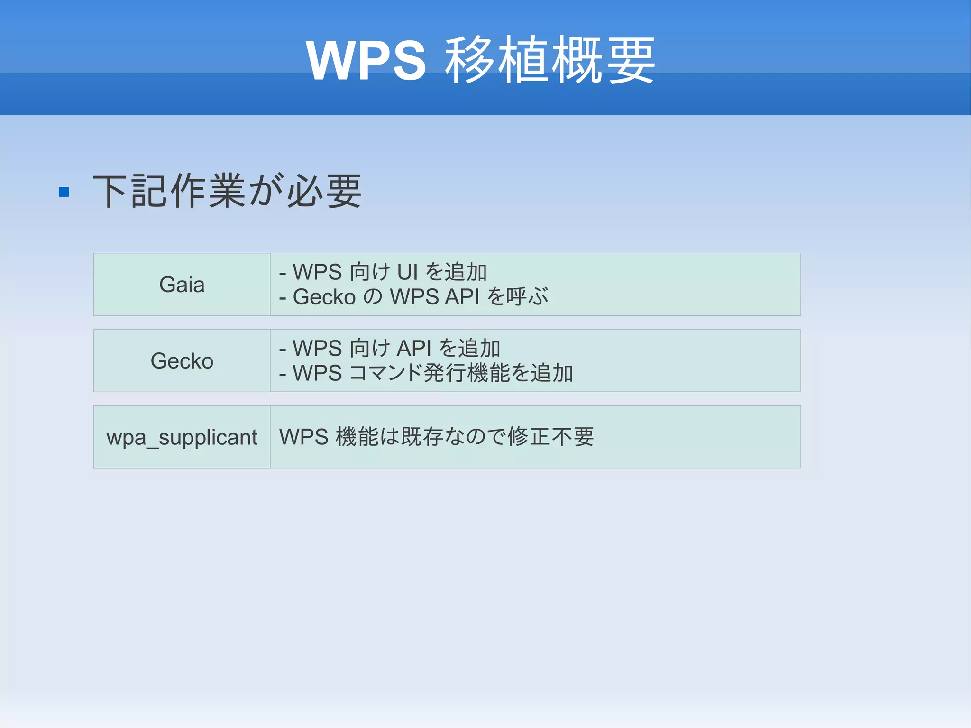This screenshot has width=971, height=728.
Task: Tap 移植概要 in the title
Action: coord(550,61)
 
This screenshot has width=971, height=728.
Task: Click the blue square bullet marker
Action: coord(64,192)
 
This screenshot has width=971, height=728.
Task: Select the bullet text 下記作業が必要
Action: coord(227,191)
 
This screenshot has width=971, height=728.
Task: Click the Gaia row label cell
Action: coord(182,285)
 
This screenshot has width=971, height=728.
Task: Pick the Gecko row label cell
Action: coord(182,361)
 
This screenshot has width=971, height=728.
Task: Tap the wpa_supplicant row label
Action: coord(182,437)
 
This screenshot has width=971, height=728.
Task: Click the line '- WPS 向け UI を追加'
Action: coord(383,272)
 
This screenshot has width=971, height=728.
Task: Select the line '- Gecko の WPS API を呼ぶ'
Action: coord(413,297)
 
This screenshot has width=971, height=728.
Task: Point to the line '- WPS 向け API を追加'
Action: coord(390,349)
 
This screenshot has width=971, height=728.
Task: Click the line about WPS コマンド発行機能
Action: coord(426,373)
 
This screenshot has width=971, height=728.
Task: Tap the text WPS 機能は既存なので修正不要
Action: coord(436,437)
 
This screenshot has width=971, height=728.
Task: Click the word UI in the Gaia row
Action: coord(407,272)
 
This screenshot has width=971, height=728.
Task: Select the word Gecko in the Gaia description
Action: coord(324,297)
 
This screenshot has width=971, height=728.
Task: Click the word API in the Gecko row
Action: coord(414,349)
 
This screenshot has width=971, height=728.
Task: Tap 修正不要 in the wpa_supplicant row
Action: coord(550,437)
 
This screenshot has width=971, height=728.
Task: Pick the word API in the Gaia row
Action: coord(462,297)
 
